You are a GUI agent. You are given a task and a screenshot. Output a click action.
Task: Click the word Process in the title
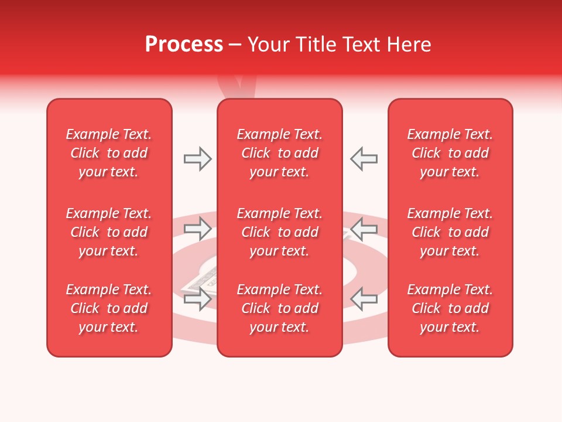coord(184,45)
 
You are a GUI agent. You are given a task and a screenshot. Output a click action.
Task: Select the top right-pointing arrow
coord(198,159)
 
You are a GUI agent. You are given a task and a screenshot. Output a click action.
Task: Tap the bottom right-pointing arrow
coord(198,299)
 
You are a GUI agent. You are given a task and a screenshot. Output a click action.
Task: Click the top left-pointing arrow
coord(364,159)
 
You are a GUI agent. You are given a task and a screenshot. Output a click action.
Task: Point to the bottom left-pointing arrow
coord(364,299)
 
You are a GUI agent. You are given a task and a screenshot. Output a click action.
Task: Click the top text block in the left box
coord(109,153)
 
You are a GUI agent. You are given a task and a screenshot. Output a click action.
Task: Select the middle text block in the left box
coord(109,232)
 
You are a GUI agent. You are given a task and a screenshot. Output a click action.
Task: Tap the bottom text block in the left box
coord(109,308)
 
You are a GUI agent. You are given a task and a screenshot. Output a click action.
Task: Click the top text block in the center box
coord(280,153)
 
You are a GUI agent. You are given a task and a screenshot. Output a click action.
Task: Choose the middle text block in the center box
coord(280,232)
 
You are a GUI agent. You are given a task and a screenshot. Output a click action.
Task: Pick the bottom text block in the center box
coord(280,308)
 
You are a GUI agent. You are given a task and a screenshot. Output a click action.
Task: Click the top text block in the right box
coord(450,153)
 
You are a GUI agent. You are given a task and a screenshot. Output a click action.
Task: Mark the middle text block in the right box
coord(450,232)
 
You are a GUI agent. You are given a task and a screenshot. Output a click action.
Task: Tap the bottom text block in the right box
coord(450,308)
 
